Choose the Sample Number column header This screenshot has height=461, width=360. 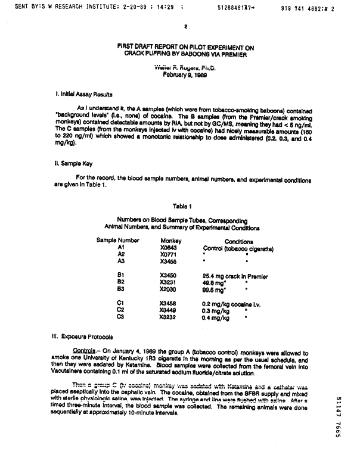click(118, 241)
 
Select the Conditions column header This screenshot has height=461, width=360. click(238, 242)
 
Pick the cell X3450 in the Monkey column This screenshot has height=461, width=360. click(169, 276)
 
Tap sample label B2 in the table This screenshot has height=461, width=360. click(120, 282)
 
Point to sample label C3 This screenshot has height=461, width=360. click(120, 316)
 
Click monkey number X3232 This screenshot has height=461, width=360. click(169, 316)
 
